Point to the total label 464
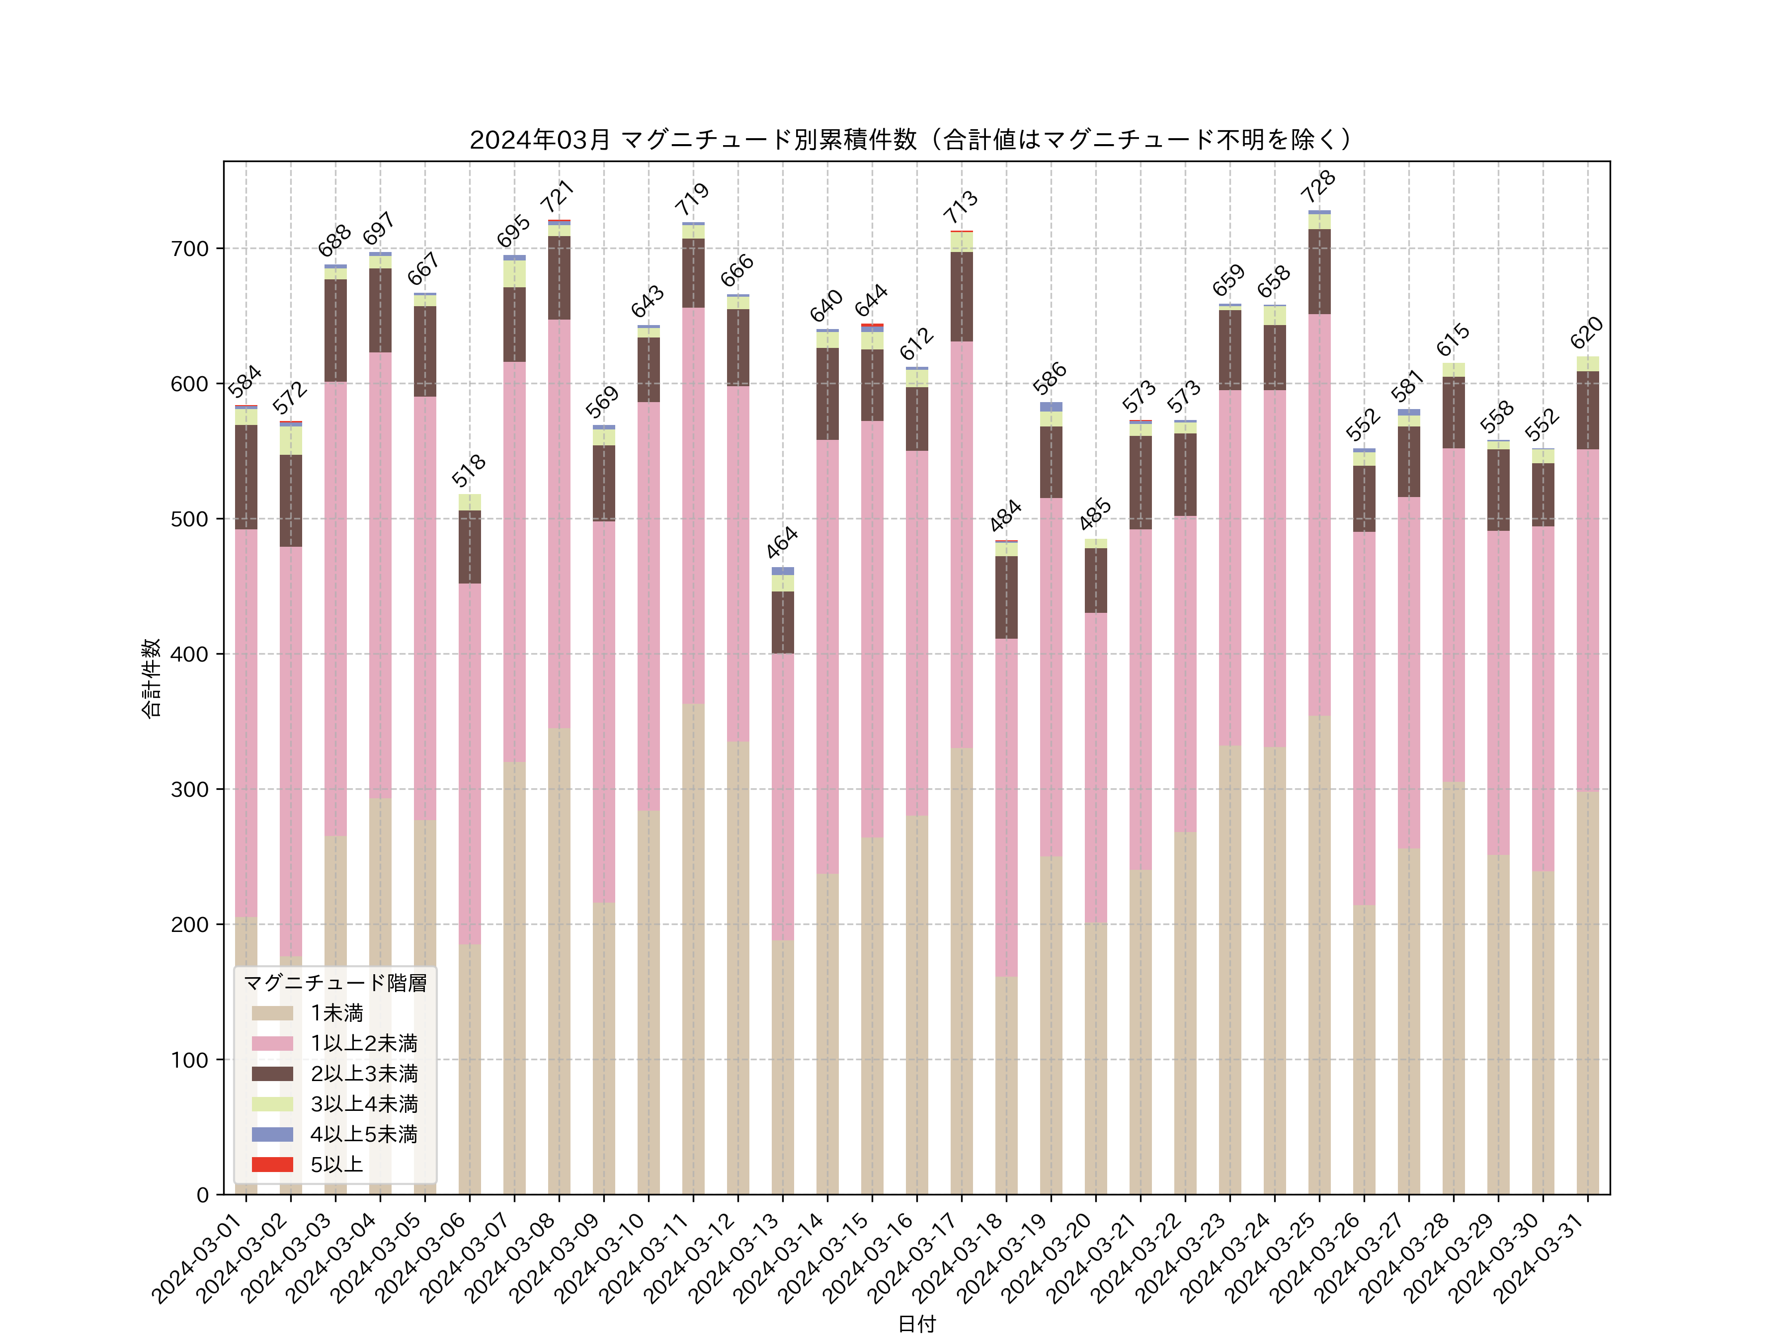point(782,542)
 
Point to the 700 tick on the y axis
point(189,249)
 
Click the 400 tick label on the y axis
point(189,655)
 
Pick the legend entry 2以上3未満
point(364,1074)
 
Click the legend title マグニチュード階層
point(335,983)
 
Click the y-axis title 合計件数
point(151,678)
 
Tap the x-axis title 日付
point(916,1324)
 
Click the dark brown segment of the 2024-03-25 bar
point(1319,272)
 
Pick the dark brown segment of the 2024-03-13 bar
point(782,622)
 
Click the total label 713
point(960,207)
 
